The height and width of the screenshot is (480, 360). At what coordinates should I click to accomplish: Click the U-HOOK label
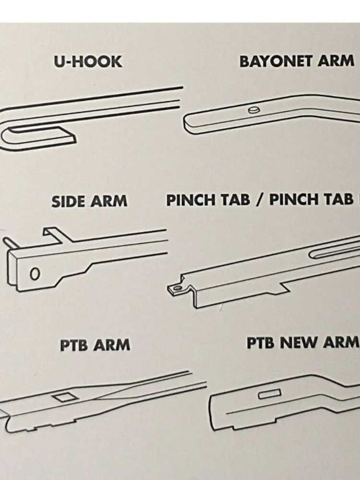tap(88, 62)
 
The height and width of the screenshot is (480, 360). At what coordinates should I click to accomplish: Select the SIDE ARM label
tap(89, 201)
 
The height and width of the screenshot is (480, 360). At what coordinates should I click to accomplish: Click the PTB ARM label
tap(95, 345)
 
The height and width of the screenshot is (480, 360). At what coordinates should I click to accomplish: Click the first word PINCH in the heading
tap(191, 200)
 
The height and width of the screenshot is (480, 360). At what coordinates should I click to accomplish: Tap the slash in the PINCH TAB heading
tap(259, 200)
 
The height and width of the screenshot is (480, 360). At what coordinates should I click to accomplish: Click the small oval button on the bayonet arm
tap(254, 110)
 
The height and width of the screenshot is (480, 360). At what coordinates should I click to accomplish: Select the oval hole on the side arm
tap(35, 274)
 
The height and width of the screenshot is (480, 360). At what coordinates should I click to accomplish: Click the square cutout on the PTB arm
tap(65, 397)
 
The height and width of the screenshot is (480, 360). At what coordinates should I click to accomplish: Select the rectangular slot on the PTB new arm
tap(269, 394)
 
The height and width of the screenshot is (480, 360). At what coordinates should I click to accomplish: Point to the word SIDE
tap(68, 201)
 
